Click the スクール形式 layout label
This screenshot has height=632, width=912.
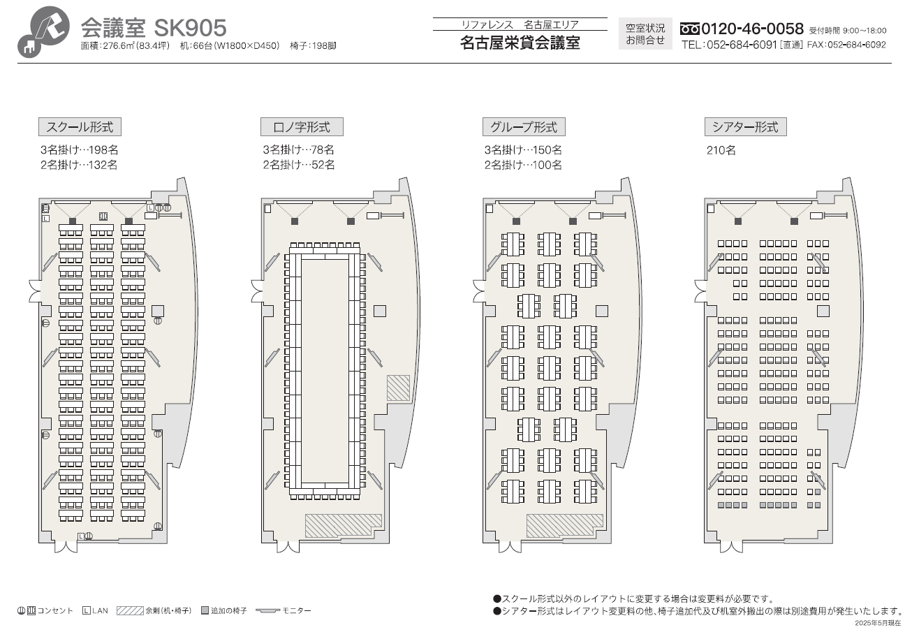pyautogui.click(x=80, y=127)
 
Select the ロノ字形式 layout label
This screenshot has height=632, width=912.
pyautogui.click(x=302, y=127)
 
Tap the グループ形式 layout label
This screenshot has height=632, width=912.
pyautogui.click(x=524, y=127)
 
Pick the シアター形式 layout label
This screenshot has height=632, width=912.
pyautogui.click(x=745, y=127)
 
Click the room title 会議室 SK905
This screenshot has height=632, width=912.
pyautogui.click(x=154, y=28)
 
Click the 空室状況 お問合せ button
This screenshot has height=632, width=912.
pyautogui.click(x=645, y=34)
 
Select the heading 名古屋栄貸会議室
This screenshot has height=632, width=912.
pyautogui.click(x=520, y=43)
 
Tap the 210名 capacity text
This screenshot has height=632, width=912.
pyautogui.click(x=721, y=150)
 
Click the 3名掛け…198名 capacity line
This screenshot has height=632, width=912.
pyautogui.click(x=79, y=149)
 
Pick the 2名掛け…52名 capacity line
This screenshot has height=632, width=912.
pyautogui.click(x=298, y=165)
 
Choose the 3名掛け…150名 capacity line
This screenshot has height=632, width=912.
pyautogui.click(x=523, y=149)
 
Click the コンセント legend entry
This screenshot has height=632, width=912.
pyautogui.click(x=45, y=611)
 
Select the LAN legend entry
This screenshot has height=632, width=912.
pyautogui.click(x=95, y=611)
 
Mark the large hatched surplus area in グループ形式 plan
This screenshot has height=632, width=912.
pyautogui.click(x=564, y=525)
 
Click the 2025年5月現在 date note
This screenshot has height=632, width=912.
pyautogui.click(x=878, y=622)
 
